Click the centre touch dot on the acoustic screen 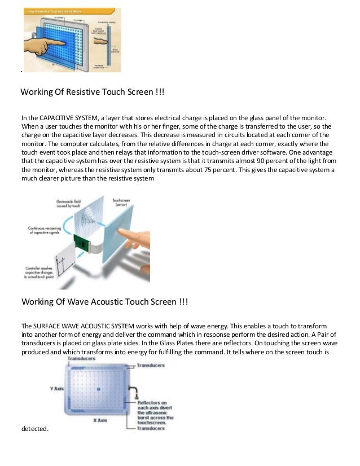[x=99, y=389]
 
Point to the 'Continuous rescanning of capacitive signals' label [x=46, y=231]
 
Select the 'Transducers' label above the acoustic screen [x=81, y=359]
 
